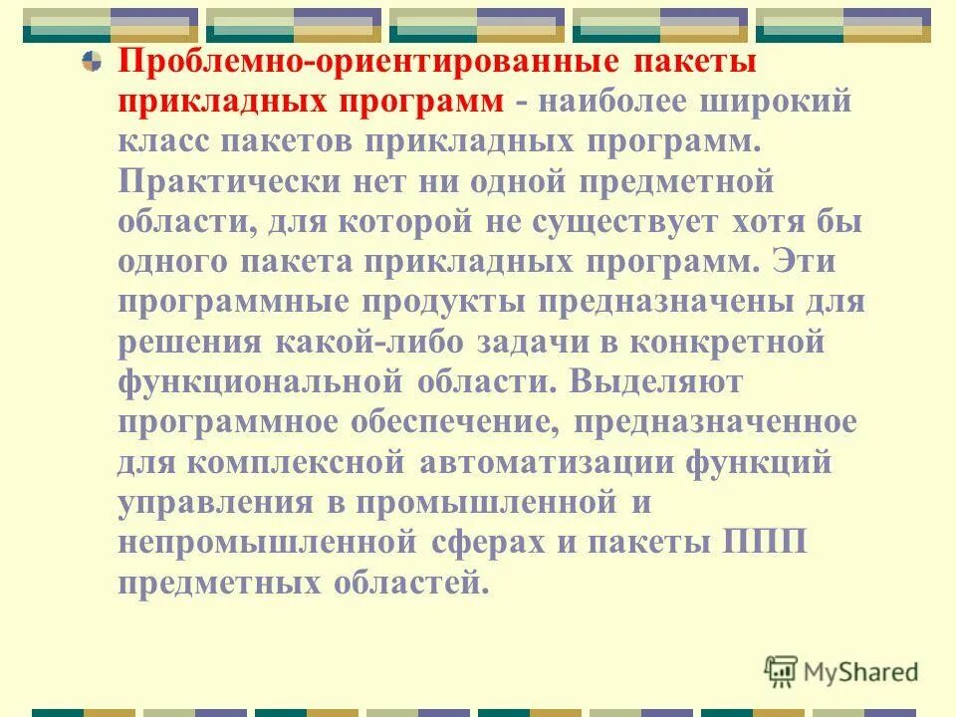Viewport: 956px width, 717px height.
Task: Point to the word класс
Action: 172,142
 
